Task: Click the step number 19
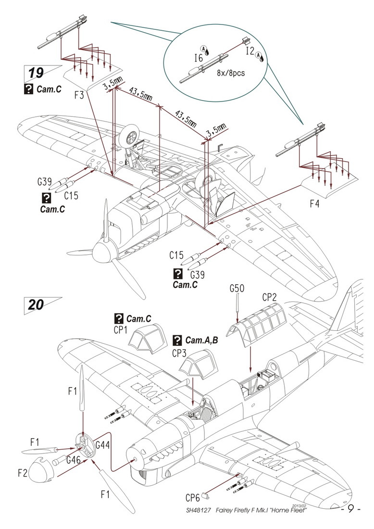(36, 73)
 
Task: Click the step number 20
(36, 305)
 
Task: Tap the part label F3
(79, 95)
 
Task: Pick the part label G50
(237, 289)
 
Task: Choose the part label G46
(74, 459)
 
